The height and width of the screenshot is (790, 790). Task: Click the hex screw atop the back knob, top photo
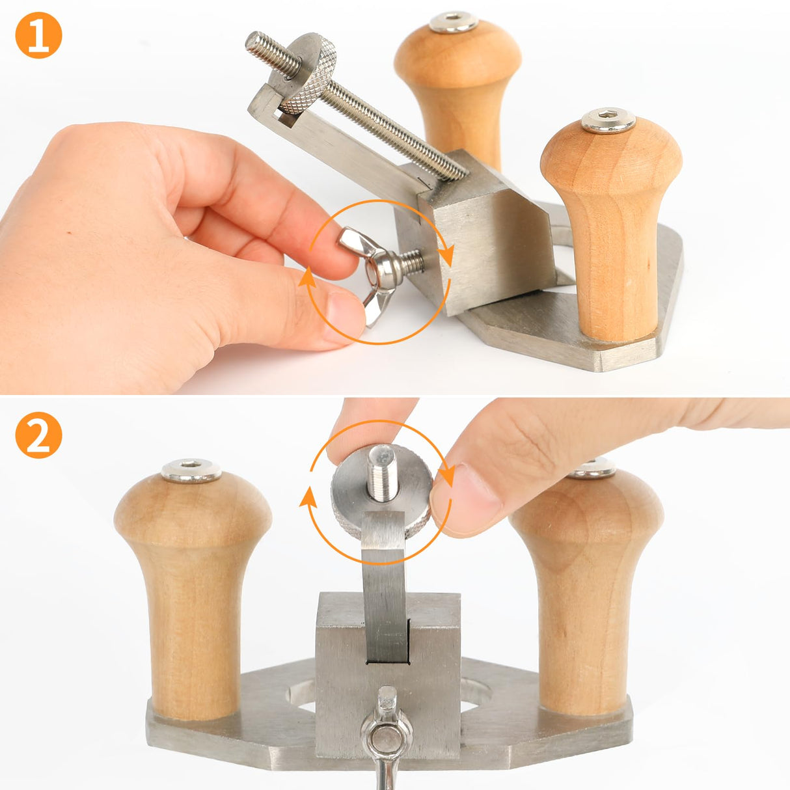click(454, 21)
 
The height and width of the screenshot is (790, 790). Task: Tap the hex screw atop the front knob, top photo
click(608, 121)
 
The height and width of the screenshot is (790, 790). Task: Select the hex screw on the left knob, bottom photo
click(191, 470)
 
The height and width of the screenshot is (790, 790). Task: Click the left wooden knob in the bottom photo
click(193, 586)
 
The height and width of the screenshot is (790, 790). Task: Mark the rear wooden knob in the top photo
click(458, 85)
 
